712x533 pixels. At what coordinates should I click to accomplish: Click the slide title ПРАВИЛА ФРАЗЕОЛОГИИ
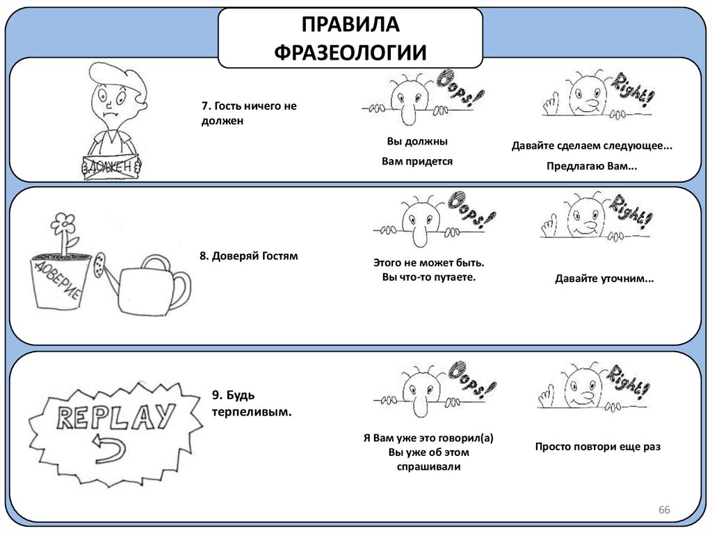[350, 38]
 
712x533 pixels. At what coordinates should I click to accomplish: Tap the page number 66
[664, 511]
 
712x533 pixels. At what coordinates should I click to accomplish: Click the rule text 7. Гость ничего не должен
[239, 113]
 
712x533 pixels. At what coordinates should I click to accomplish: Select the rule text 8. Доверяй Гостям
[248, 256]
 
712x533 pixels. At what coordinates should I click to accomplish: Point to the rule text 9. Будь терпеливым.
[251, 403]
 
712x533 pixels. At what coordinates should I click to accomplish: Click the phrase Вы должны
[416, 141]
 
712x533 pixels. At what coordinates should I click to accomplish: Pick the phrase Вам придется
[416, 161]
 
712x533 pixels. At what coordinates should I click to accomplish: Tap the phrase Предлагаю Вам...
[592, 167]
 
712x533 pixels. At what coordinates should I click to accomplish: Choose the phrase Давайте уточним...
[604, 279]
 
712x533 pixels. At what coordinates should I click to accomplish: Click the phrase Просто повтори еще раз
[597, 447]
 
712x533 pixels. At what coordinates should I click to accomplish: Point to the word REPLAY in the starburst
[115, 416]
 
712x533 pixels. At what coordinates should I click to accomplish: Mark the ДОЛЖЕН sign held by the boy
[108, 167]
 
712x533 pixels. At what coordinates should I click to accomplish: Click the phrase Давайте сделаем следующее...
[592, 147]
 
